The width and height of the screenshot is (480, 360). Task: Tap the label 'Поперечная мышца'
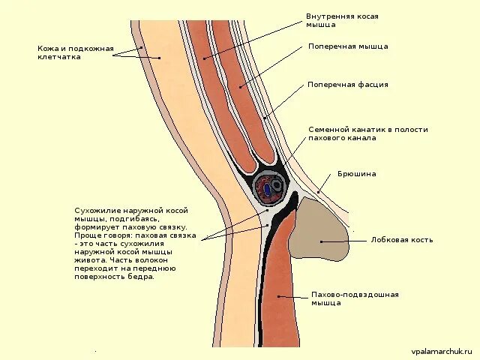coord(348,46)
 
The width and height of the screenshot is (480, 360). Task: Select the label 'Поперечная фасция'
coord(348,85)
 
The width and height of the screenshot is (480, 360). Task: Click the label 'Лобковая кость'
coord(401,241)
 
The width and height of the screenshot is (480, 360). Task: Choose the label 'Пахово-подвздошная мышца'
coord(355,299)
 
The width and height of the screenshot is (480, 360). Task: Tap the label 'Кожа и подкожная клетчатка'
coord(76,52)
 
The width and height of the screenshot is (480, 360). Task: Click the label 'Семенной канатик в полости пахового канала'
coord(368,134)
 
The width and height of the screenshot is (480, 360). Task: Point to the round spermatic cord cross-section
coord(269,188)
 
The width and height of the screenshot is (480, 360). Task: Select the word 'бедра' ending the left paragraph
coord(140,276)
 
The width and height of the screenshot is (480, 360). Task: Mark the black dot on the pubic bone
coord(321,241)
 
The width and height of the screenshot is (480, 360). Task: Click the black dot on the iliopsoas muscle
coord(278,296)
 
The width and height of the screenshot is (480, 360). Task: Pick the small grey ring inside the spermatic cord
coord(277,184)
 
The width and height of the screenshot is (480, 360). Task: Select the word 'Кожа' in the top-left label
coord(49,49)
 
